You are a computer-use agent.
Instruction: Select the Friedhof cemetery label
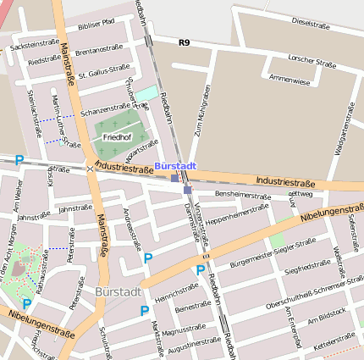coord(116,136)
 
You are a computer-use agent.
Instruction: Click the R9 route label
coord(184,42)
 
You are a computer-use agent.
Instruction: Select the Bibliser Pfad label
coord(95,27)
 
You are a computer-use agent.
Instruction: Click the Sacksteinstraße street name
coord(35,42)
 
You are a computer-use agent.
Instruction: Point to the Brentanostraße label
coord(99,52)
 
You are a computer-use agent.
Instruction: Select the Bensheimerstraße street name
coord(242,195)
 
